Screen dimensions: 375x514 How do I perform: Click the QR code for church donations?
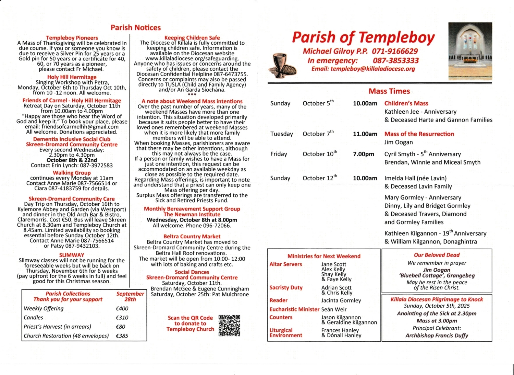[x=229, y=325]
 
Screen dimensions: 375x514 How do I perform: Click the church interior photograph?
[x=469, y=51]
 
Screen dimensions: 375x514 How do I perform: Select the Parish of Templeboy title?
[x=363, y=37]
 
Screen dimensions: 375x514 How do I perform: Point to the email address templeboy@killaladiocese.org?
[x=363, y=69]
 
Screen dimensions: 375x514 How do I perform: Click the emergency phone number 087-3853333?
[x=396, y=60]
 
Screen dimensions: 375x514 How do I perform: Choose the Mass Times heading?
[x=389, y=91]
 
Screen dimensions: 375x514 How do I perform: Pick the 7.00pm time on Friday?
[x=364, y=154]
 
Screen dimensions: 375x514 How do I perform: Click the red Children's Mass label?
[x=406, y=103]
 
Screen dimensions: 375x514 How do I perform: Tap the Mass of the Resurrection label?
[x=419, y=134]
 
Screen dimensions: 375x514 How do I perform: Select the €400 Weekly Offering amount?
[x=122, y=308]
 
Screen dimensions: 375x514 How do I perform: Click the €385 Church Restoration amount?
[x=122, y=336]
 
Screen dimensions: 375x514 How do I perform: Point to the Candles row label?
[x=34, y=318]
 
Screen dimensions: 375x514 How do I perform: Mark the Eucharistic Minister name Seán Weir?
[x=334, y=309]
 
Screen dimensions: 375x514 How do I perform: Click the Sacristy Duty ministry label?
[x=286, y=288]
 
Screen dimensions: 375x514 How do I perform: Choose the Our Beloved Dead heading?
[x=437, y=255]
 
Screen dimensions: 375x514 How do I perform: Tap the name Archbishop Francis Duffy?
[x=437, y=336]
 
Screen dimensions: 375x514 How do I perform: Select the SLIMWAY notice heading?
[x=72, y=255]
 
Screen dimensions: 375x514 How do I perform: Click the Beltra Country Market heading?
[x=192, y=237]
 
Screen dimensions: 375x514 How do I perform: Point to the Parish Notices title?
[x=136, y=28]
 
